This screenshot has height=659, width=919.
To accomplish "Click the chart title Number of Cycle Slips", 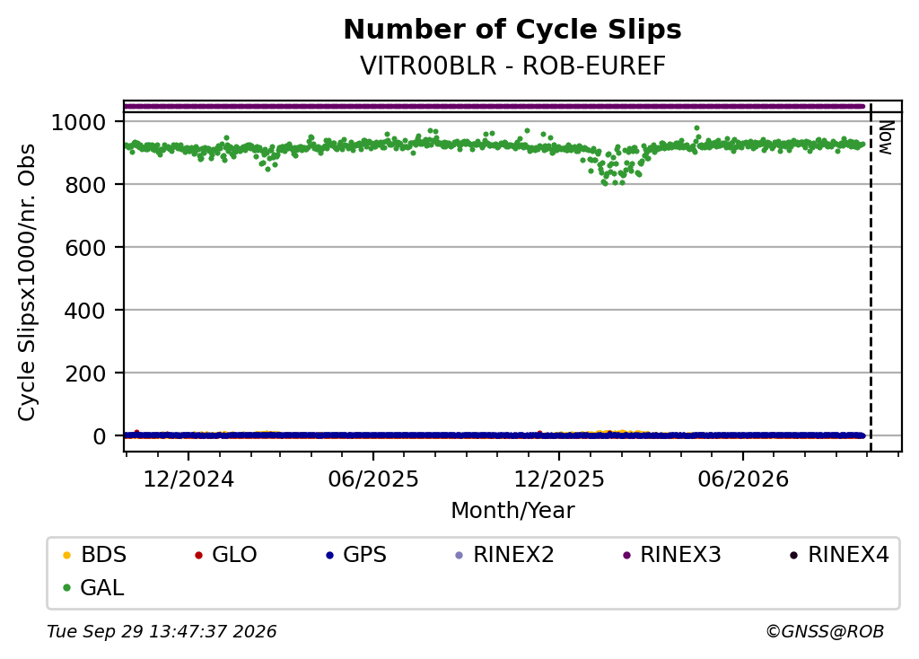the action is (x=512, y=30).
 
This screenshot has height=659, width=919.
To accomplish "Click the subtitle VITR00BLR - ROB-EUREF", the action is (x=512, y=66).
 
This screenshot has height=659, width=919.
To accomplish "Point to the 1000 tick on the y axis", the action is (x=79, y=122).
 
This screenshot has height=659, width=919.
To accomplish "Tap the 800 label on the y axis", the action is (x=85, y=185).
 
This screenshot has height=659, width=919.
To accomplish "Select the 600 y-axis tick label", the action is (x=85, y=248).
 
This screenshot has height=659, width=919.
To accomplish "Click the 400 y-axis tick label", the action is (x=85, y=311).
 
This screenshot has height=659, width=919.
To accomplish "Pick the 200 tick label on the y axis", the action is (x=85, y=373).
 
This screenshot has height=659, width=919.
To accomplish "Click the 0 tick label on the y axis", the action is (x=99, y=436).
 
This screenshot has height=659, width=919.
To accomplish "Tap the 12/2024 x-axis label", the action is (x=188, y=479).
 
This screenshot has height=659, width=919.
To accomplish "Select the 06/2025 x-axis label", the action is (x=373, y=479).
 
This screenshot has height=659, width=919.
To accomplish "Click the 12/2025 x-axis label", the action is (x=558, y=479).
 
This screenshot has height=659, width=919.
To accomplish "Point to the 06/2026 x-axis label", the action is (x=743, y=479).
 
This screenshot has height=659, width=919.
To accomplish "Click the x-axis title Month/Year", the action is (x=512, y=511).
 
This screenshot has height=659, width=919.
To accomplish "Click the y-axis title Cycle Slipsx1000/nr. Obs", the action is (x=27, y=283).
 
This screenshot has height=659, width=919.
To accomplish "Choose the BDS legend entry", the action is (x=94, y=555).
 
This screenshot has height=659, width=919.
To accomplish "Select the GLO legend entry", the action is (x=225, y=555).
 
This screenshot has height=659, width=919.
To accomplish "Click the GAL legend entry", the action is (x=93, y=587).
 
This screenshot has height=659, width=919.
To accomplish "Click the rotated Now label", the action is (x=887, y=137).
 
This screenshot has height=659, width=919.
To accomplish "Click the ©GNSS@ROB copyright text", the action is (x=825, y=631).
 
